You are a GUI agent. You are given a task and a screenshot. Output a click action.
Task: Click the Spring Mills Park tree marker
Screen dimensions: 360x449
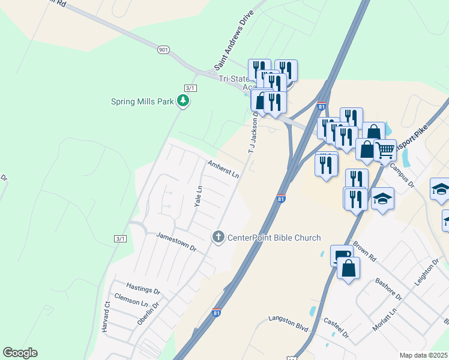click(x=183, y=101)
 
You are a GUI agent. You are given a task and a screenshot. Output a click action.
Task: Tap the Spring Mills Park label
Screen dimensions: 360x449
click(x=143, y=101)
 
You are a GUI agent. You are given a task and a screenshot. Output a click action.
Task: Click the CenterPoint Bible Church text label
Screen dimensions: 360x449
click(x=274, y=238)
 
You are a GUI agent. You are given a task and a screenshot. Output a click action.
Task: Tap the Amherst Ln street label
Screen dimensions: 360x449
click(x=224, y=169)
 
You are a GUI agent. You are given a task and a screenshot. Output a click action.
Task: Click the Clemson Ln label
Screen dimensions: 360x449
click(x=131, y=301)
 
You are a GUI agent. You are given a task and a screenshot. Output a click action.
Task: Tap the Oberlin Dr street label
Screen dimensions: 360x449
click(x=148, y=313)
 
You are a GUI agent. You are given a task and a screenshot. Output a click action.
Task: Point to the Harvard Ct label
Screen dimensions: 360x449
click(x=106, y=319)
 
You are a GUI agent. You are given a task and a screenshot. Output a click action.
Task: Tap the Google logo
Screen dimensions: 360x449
click(x=20, y=353)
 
